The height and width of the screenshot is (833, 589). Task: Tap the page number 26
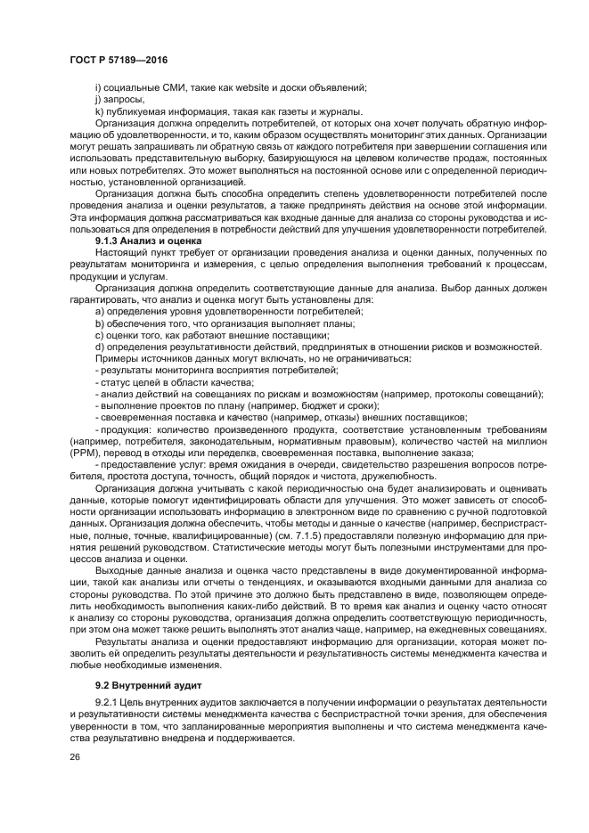74,758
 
